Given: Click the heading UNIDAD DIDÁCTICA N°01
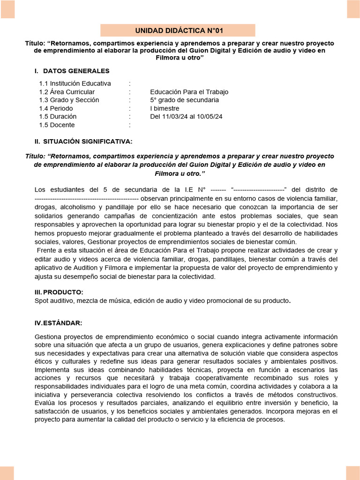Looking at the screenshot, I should [x=180, y=30].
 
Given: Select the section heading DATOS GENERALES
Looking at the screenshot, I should [x=76, y=71].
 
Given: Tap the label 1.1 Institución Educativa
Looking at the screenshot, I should [x=75, y=83].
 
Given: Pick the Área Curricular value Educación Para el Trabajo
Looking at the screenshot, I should [x=189, y=92].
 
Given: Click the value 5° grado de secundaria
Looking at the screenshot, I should [x=184, y=100].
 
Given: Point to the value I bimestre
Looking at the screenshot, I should [x=165, y=108].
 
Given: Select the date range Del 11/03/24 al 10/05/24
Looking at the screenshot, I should [x=186, y=116].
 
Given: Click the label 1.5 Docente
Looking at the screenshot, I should [x=57, y=125].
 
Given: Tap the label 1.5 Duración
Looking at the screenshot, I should [x=58, y=116].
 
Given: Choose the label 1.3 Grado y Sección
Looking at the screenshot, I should [x=69, y=100].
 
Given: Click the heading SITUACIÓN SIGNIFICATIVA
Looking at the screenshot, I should [x=87, y=141].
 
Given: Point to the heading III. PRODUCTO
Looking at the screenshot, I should [x=59, y=292].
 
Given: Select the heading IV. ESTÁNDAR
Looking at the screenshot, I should [x=59, y=323].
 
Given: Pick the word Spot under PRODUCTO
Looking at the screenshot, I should [x=43, y=300].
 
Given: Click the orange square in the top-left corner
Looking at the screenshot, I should [x=7, y=8].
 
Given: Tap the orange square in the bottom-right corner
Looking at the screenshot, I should [x=352, y=472].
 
